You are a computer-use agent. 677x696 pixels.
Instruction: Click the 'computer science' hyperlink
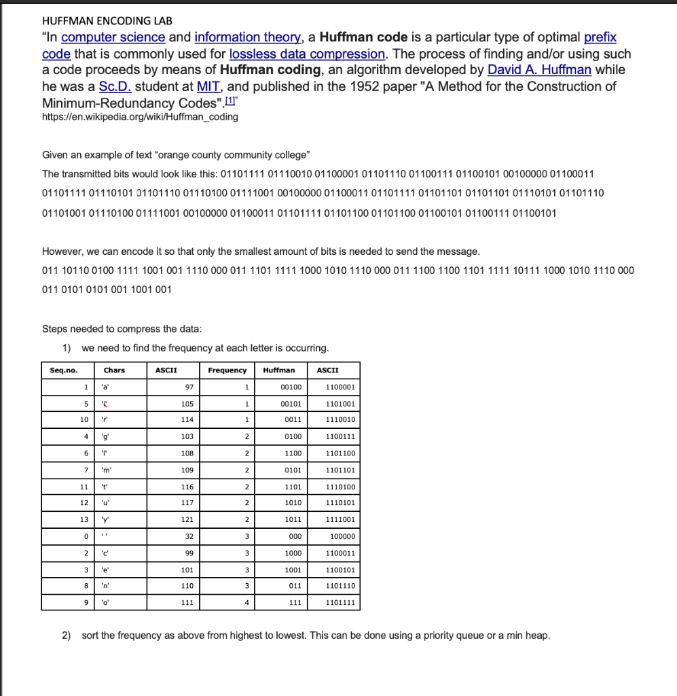point(113,37)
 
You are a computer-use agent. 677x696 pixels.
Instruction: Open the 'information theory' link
point(246,37)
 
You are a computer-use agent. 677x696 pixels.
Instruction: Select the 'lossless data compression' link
point(308,54)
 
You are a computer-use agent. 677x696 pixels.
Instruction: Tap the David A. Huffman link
point(539,70)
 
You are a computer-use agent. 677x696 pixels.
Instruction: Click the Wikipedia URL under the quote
point(140,117)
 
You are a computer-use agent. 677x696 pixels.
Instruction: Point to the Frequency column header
point(227,370)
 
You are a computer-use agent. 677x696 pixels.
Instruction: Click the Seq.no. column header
point(64,370)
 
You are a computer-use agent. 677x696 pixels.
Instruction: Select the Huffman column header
point(279,370)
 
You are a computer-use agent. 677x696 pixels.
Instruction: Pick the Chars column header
point(114,370)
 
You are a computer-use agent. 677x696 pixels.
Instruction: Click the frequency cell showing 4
point(248,602)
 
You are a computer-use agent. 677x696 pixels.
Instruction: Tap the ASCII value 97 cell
point(189,387)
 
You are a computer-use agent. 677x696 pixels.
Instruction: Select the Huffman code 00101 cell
point(290,404)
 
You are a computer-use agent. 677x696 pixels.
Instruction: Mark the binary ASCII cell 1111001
point(341,520)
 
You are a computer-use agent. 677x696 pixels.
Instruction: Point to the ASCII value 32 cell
point(189,536)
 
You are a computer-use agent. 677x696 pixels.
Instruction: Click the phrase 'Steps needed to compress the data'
point(122,329)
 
